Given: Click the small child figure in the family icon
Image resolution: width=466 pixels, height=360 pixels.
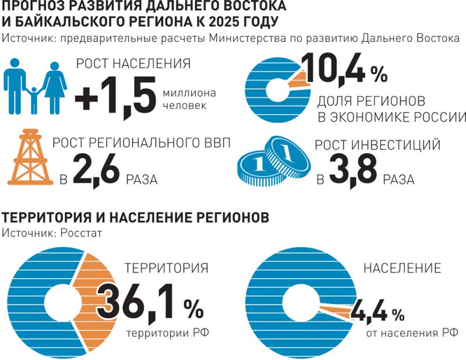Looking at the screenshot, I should pyautogui.click(x=34, y=100).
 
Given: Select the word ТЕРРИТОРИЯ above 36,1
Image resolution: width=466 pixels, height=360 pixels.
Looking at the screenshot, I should pyautogui.click(x=166, y=269).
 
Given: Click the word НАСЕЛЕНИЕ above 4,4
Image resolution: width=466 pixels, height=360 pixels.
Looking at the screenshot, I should pyautogui.click(x=402, y=269).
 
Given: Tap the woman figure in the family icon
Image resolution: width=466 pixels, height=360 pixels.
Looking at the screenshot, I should pyautogui.click(x=54, y=87).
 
